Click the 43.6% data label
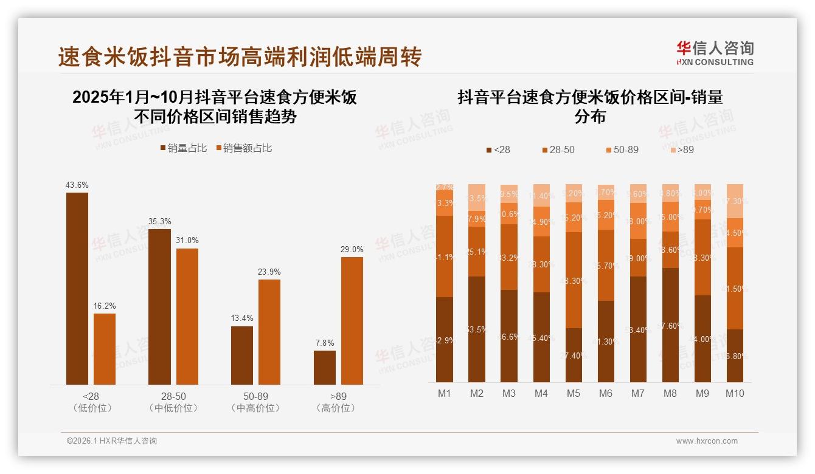tap(77, 185)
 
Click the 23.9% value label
tap(269, 272)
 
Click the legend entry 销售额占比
tap(244, 148)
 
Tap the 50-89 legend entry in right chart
tap(622, 149)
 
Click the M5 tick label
tap(573, 393)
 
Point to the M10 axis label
tap(735, 393)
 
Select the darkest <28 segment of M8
tap(670, 325)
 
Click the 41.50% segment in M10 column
tap(735, 288)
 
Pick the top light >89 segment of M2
tap(477, 197)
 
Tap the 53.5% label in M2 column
tap(477, 329)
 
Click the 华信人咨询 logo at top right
tap(715, 53)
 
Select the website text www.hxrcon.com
tap(707, 441)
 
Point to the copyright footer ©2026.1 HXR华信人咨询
tap(111, 441)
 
